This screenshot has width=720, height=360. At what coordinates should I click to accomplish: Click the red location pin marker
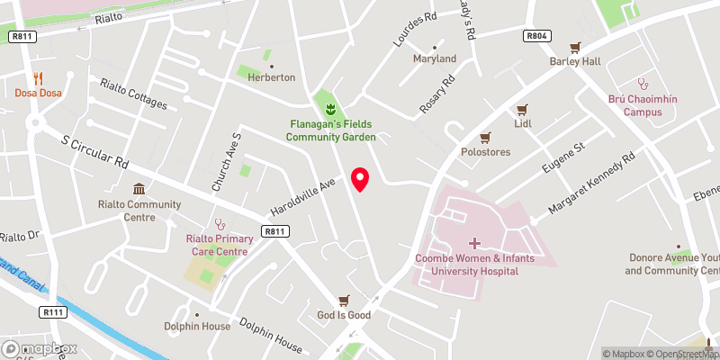361,179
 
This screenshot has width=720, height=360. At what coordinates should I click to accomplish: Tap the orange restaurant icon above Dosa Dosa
38,78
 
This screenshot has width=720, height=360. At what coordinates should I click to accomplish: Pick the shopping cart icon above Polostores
486,137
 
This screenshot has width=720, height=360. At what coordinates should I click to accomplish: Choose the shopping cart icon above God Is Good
343,301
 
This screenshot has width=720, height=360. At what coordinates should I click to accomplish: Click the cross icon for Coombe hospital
474,243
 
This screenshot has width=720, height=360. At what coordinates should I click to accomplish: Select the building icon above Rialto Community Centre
139,189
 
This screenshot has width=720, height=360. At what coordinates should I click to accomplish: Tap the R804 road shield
536,36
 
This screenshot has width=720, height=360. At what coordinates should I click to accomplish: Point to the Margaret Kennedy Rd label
592,184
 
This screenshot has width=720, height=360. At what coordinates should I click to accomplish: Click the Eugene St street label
562,157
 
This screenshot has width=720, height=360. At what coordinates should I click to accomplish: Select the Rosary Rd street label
437,94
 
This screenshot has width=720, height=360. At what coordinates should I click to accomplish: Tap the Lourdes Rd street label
414,29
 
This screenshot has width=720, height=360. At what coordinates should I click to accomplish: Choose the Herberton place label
272,77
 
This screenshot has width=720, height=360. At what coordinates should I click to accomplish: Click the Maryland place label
435,58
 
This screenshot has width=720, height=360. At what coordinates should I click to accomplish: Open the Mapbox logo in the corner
40,348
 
